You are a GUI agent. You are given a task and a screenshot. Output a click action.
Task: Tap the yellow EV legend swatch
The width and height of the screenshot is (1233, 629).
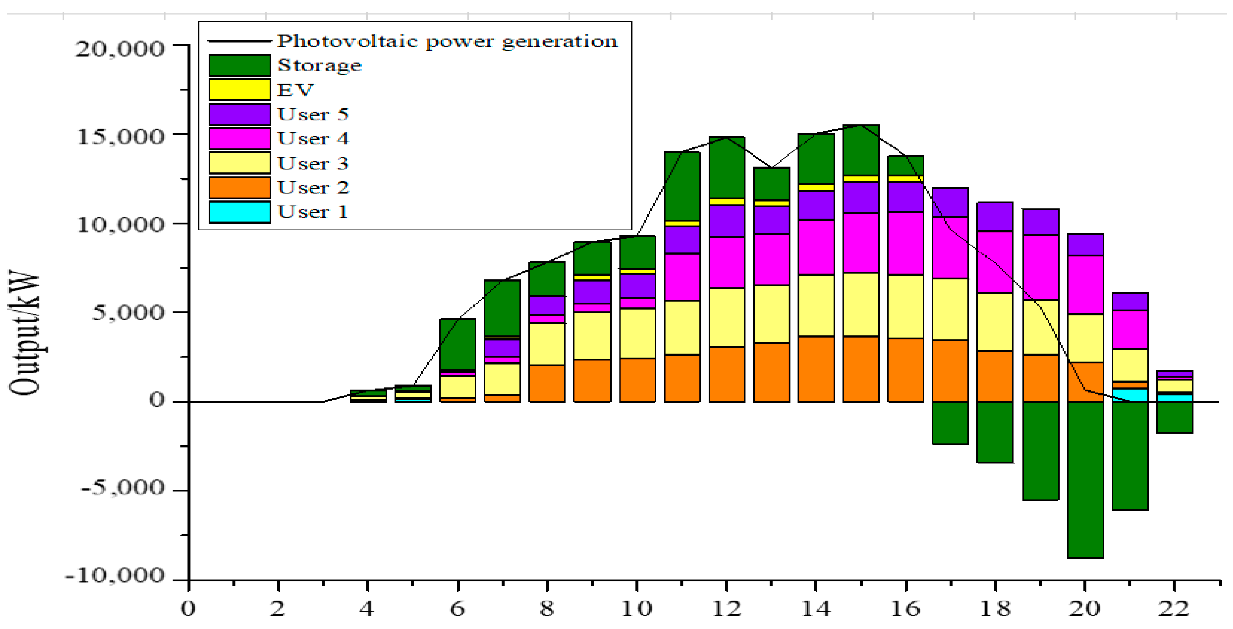(239, 89)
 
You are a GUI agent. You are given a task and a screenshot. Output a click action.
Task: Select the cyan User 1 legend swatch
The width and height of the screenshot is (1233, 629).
(239, 212)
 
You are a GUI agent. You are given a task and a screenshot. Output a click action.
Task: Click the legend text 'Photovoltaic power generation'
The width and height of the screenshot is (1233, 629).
(447, 41)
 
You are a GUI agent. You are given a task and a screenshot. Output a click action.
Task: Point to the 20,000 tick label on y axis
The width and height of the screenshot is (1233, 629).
(120, 48)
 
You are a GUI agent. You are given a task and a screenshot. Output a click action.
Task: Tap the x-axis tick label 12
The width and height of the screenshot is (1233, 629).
(726, 608)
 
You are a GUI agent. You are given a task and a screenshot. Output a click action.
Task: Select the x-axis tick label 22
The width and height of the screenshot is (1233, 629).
(1174, 608)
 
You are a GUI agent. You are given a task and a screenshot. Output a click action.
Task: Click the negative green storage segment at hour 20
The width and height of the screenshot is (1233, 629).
(1085, 479)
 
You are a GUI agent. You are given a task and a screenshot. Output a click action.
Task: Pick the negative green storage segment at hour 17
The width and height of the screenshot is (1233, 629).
(950, 423)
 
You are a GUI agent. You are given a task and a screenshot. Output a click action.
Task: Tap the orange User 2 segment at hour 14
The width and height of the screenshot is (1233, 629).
(816, 368)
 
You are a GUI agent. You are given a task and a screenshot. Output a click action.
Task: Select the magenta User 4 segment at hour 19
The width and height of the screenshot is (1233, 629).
(1040, 267)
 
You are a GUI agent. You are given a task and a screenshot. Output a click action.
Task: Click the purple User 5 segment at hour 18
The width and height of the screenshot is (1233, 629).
(995, 216)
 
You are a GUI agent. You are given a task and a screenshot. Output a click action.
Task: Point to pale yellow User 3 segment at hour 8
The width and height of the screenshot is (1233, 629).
(547, 344)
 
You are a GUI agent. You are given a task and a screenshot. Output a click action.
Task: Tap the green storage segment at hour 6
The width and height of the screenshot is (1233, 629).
(457, 344)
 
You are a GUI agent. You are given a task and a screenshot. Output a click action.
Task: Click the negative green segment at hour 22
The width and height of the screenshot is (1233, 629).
(1175, 417)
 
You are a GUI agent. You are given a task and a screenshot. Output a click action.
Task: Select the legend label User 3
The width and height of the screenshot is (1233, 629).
(313, 163)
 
